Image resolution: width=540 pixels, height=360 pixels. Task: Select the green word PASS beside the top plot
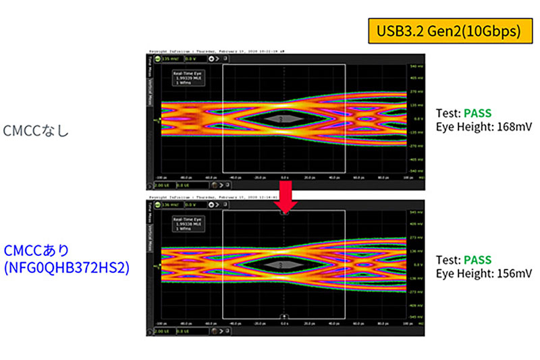(x=478, y=106)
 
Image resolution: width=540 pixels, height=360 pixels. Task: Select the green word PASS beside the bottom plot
(x=478, y=260)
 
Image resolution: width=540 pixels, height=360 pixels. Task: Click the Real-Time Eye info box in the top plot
(x=188, y=78)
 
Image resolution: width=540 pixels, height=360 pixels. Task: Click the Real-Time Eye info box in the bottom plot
(x=188, y=224)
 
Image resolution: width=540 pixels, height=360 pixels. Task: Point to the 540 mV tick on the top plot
(x=415, y=66)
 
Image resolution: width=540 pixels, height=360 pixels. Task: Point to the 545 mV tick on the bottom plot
(x=415, y=212)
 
